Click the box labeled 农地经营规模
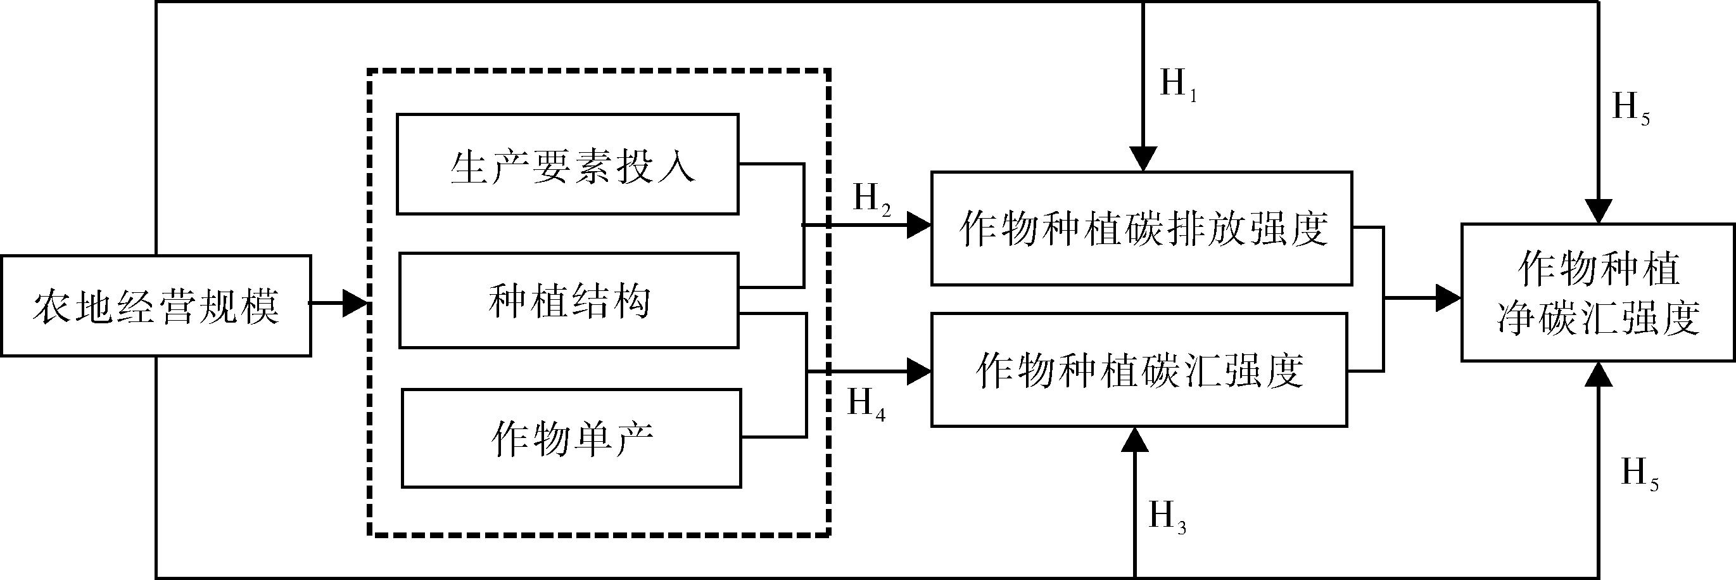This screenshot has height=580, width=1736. pos(156,306)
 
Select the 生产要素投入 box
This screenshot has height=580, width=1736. pos(567,165)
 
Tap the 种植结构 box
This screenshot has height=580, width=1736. pos(569,301)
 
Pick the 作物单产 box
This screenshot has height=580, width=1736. pos(571,439)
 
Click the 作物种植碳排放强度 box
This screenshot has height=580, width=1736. pos(1142,229)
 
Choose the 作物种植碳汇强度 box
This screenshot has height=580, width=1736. pos(1139,370)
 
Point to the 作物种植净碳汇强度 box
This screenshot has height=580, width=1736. pos(1598,293)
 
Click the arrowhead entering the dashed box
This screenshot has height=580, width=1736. pos(356,304)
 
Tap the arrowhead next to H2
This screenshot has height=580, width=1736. pos(918,225)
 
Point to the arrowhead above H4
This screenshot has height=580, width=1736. pos(918,371)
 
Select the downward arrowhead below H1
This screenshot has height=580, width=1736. pos(1144,159)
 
